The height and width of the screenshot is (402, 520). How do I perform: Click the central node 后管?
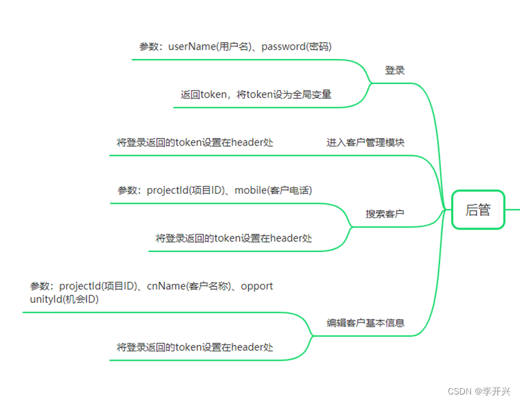(x=478, y=210)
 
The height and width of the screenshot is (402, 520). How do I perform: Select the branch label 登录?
(x=395, y=70)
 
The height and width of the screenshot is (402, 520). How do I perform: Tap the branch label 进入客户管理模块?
(x=365, y=142)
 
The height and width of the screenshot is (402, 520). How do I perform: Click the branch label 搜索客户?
(x=385, y=214)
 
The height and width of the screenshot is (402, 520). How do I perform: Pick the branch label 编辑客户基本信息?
(x=365, y=323)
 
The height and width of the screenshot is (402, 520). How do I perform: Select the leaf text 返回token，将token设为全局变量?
(x=255, y=95)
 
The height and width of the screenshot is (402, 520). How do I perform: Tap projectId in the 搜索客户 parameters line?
(x=169, y=190)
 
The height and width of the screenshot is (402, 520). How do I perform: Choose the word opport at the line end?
(x=257, y=286)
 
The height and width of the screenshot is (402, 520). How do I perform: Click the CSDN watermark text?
(x=461, y=391)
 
